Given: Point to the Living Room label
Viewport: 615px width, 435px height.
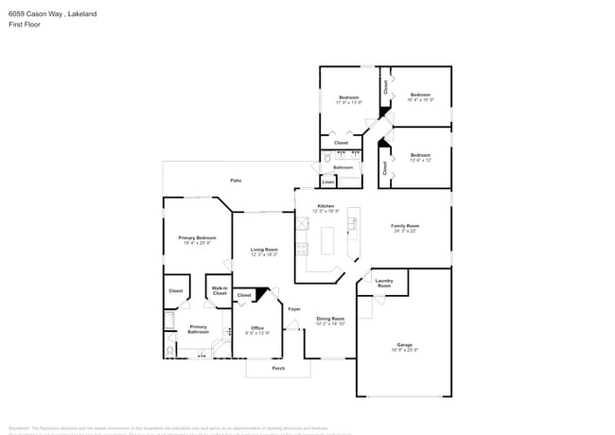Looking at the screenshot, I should (x=264, y=252).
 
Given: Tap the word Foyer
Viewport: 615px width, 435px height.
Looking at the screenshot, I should (x=294, y=309).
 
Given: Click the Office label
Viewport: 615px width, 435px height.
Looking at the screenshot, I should (x=258, y=330).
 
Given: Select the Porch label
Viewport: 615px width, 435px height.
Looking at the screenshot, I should (x=278, y=369).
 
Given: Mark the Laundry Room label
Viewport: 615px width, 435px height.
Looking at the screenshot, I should (x=384, y=283).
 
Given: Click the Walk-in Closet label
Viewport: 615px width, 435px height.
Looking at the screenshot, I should (x=220, y=291).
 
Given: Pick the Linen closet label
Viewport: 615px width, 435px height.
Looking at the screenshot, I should (x=341, y=183).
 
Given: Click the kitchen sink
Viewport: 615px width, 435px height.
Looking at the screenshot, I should (x=352, y=223).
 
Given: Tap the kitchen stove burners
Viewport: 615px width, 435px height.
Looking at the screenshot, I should (x=303, y=250).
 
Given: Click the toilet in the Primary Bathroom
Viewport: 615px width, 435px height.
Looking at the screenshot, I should (x=169, y=350).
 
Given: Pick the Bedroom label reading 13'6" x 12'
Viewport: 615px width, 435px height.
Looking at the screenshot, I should (x=420, y=157).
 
